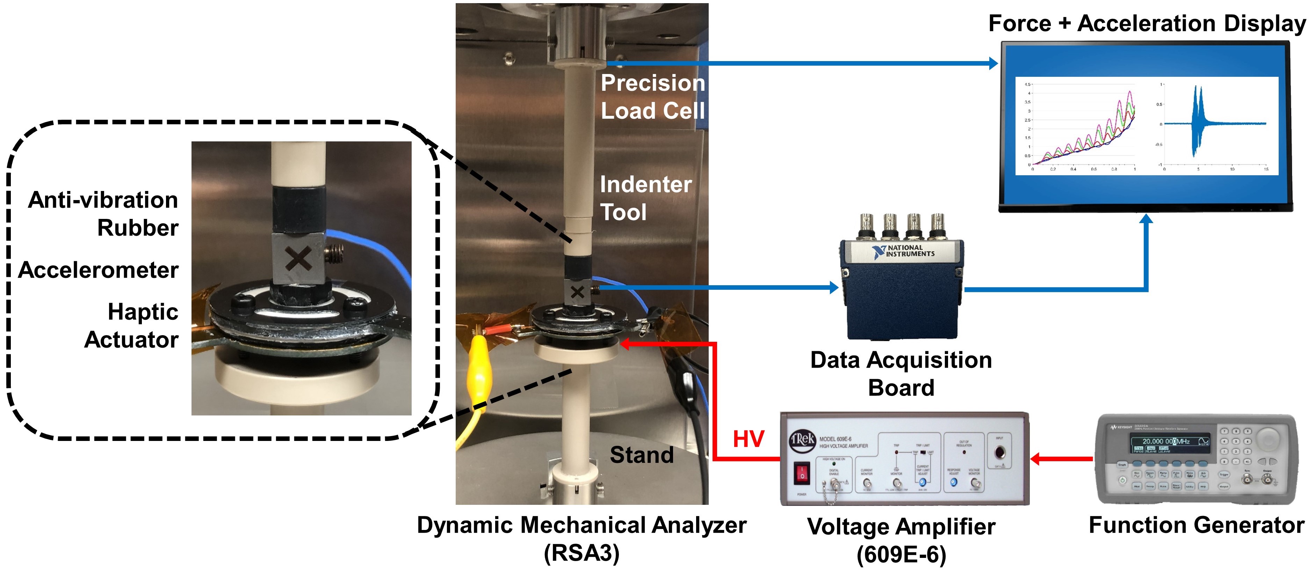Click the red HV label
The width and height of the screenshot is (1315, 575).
click(x=749, y=439)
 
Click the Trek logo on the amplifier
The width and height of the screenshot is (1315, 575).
click(x=802, y=440)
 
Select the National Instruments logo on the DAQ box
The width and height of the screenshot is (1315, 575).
click(x=904, y=251)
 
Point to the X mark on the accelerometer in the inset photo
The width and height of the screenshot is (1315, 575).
click(x=299, y=258)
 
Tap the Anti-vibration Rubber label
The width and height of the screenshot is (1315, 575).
click(x=103, y=213)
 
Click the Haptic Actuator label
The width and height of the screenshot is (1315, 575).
click(x=132, y=325)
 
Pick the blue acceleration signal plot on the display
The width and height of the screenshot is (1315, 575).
click(x=1215, y=124)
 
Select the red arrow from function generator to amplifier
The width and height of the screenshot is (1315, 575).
click(x=1062, y=459)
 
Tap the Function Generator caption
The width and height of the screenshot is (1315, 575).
click(x=1196, y=525)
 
